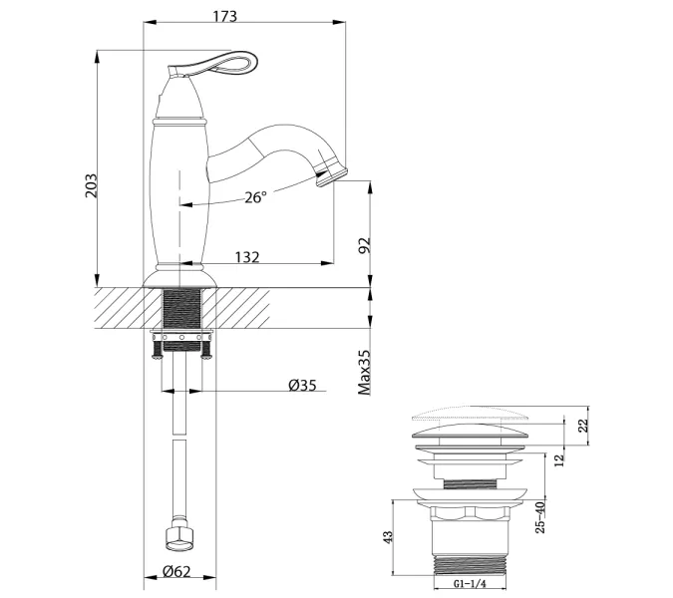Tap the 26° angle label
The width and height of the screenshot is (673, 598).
tap(255, 197)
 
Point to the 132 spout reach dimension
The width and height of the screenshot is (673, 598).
tap(247, 257)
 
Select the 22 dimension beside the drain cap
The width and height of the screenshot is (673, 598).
tap(583, 426)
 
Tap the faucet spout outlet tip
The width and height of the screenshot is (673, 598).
tap(326, 177)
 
